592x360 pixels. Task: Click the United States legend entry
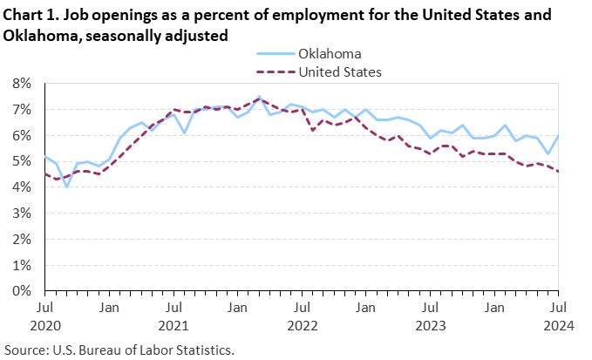point(340,71)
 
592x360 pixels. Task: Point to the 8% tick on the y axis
point(21,84)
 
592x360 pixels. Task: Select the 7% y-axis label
point(21,110)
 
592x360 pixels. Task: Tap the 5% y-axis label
point(21,161)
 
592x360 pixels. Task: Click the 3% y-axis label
point(21,214)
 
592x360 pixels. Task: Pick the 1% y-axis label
point(21,265)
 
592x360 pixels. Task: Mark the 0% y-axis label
point(21,291)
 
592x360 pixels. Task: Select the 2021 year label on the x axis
point(174,325)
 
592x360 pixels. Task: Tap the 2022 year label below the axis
point(302,325)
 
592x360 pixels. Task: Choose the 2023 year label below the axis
point(430,325)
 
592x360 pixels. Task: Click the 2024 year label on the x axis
point(559,325)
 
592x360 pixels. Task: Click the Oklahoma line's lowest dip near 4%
point(66,187)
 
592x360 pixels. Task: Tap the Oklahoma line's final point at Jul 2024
point(559,136)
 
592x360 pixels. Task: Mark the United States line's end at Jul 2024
point(559,171)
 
